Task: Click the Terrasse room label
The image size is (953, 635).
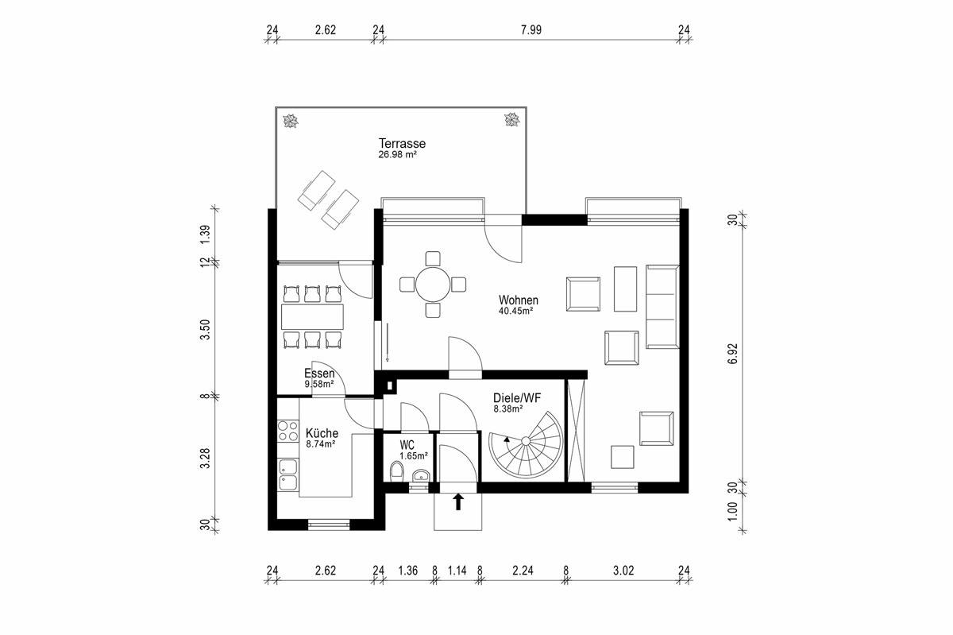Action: (x=402, y=144)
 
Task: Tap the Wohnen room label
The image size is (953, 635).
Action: (x=519, y=300)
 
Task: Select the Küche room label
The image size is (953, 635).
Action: (x=322, y=433)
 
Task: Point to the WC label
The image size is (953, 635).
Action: (x=407, y=445)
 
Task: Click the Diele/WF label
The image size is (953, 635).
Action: (x=518, y=398)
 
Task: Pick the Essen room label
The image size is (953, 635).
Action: (x=319, y=374)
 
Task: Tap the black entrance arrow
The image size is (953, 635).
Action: (x=457, y=501)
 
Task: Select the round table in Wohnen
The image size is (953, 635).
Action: (x=433, y=283)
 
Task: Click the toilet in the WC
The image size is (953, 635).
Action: (x=397, y=470)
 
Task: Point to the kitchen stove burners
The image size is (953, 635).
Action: (x=287, y=432)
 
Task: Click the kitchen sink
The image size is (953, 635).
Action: (x=287, y=475)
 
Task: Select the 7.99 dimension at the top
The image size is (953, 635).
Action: (x=531, y=30)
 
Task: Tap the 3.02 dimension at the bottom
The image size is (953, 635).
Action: (x=626, y=570)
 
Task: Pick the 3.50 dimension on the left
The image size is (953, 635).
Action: (x=205, y=329)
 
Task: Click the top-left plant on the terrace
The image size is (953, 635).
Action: (x=291, y=121)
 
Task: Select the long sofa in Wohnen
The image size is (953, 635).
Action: (x=663, y=307)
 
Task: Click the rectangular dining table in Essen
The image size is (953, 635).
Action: (x=312, y=316)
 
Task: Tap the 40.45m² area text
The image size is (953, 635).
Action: (x=515, y=311)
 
